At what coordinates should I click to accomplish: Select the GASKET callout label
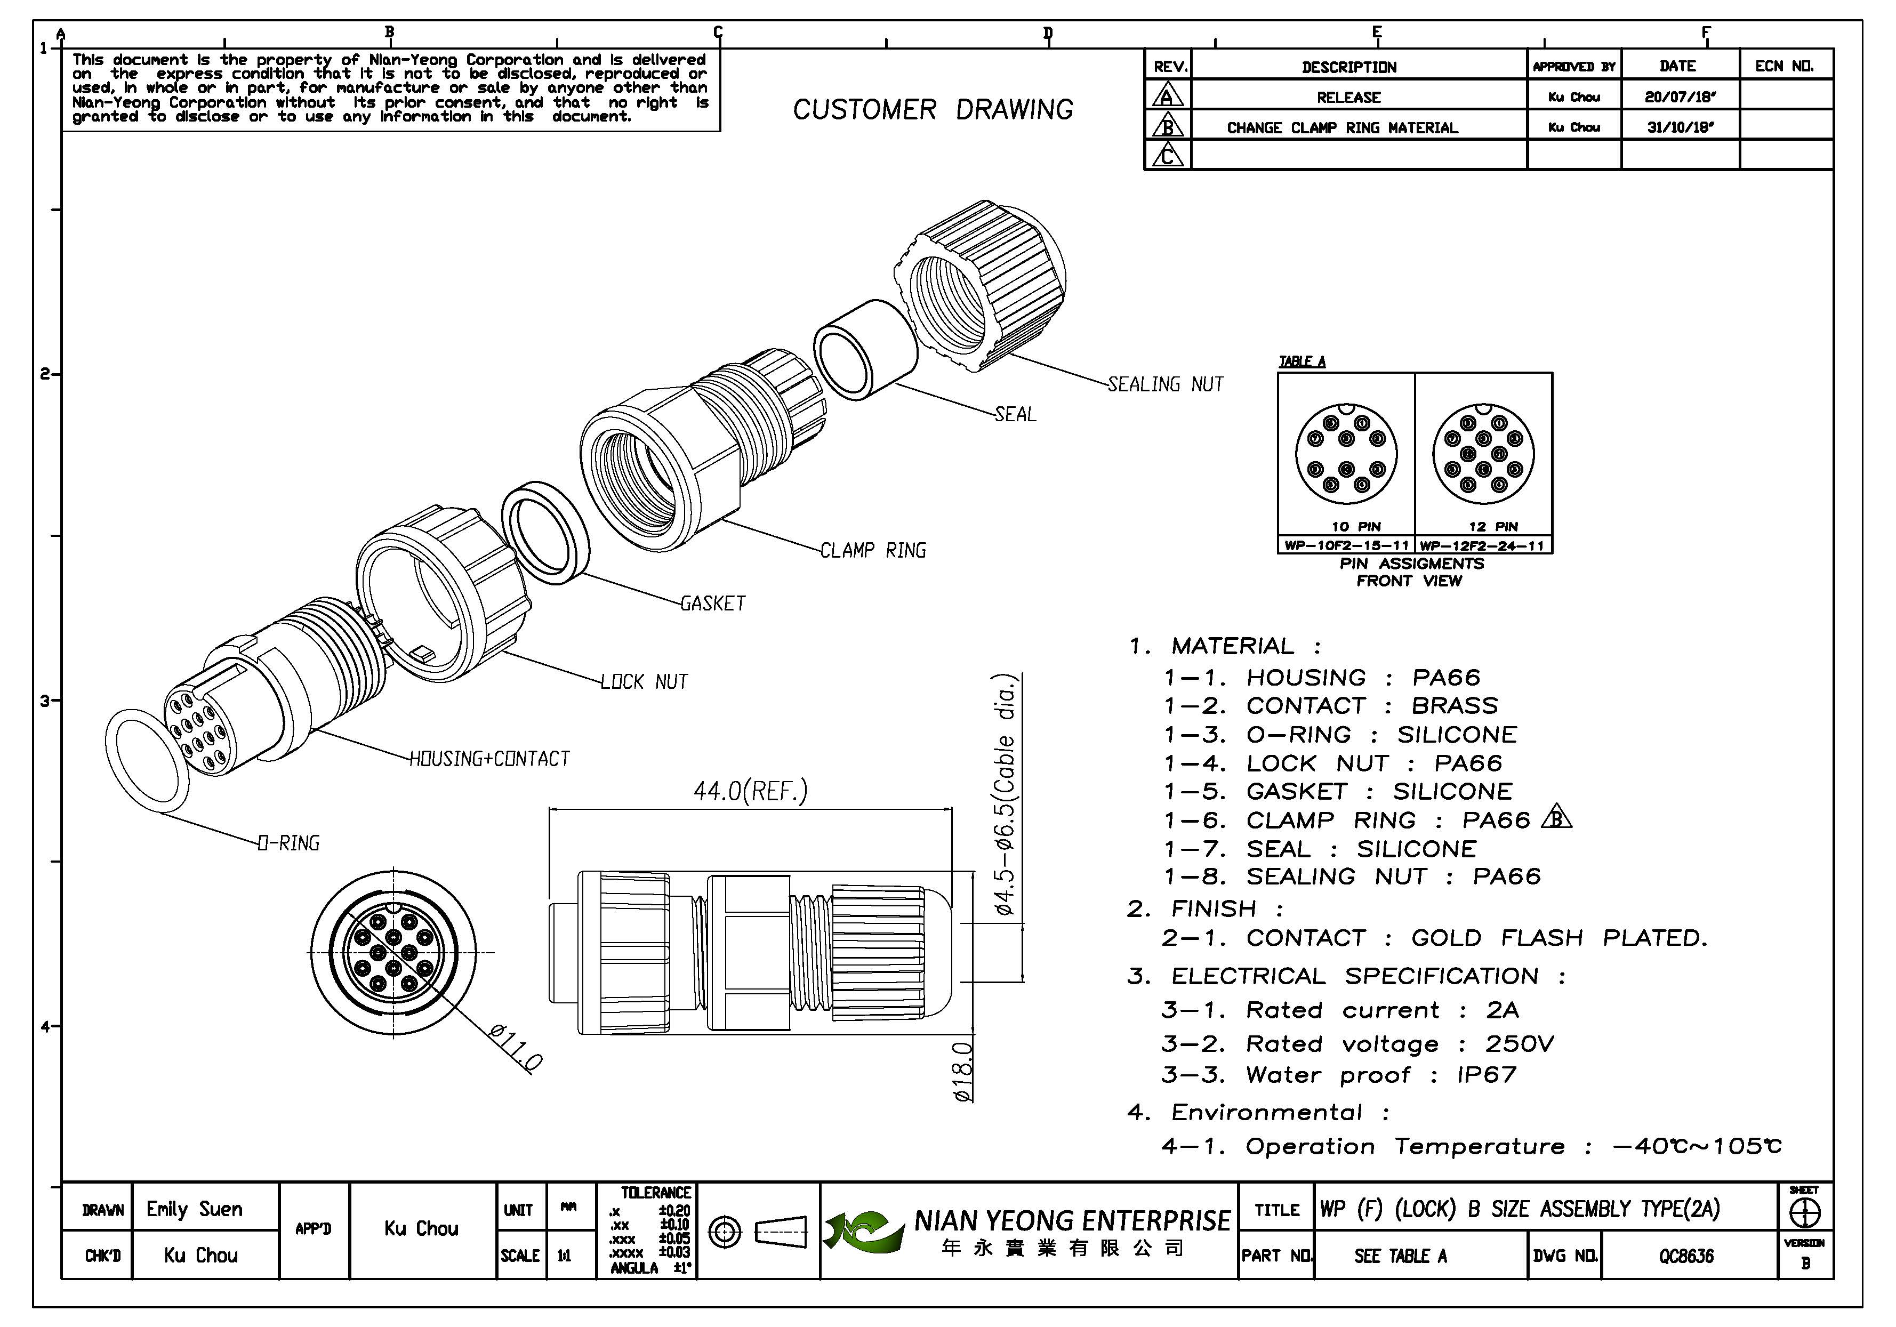coord(713,604)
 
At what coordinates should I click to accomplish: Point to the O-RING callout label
coord(288,843)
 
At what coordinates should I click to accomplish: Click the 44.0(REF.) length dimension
coord(750,791)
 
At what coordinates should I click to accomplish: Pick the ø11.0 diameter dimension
coord(515,1048)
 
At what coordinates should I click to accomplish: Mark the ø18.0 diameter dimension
coord(963,1071)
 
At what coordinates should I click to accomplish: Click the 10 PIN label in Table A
coord(1356,526)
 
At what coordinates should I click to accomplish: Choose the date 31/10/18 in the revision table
coord(1680,127)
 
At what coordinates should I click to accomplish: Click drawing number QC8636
coord(1686,1256)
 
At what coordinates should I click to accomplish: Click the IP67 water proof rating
coord(1487,1075)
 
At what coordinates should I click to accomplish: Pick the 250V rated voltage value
coord(1520,1044)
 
